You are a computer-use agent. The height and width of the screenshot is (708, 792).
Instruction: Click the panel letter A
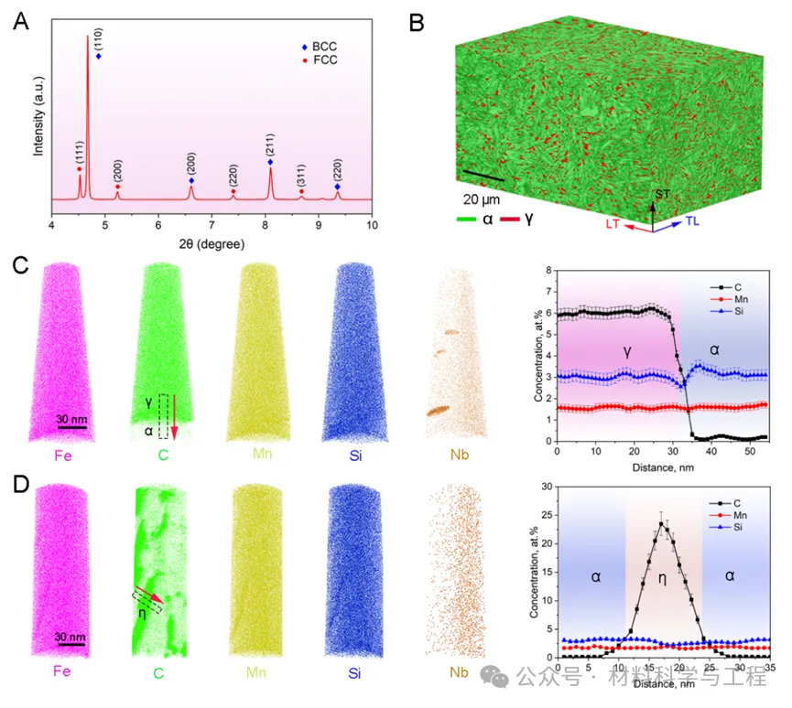click(x=20, y=22)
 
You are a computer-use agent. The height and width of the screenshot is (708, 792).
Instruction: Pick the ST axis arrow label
click(x=663, y=194)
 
